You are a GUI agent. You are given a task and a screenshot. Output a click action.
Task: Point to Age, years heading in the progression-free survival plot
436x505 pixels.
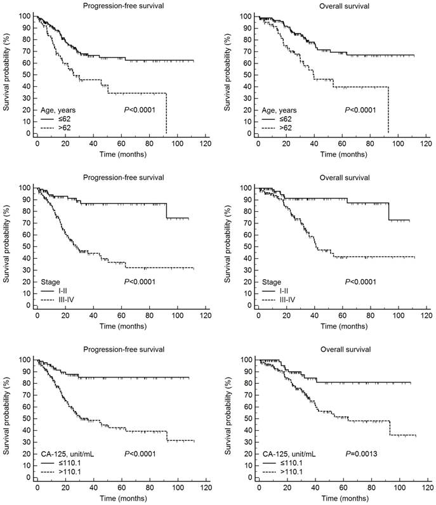click(x=62, y=110)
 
